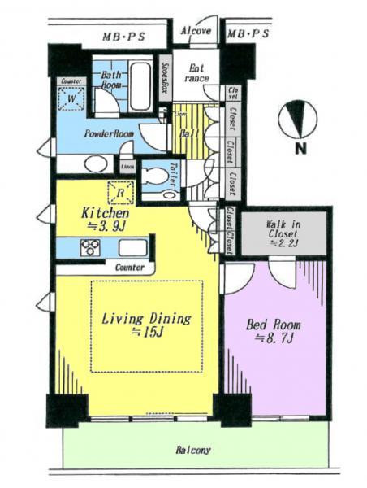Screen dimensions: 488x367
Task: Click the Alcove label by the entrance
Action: (x=195, y=32)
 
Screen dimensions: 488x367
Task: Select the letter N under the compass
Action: (x=299, y=149)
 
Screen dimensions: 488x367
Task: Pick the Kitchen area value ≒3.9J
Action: (x=103, y=225)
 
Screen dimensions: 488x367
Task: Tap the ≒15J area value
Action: (x=146, y=334)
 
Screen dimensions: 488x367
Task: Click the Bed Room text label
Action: (x=274, y=324)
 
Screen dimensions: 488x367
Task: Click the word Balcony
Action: (x=192, y=450)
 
